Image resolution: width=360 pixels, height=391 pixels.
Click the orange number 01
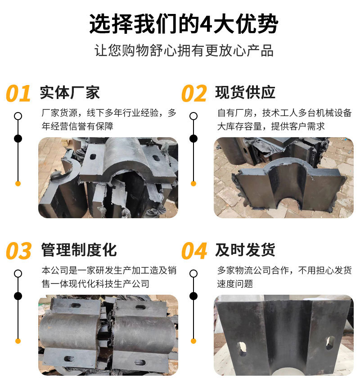pos(18,94)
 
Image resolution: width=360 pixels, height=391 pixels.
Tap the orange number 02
pos(193,94)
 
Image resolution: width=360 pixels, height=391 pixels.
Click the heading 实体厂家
pos(70,92)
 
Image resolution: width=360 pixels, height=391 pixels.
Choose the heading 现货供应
pos(245,92)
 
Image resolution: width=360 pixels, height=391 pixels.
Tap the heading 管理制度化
pos(79,249)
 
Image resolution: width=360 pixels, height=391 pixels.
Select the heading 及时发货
pos(245,249)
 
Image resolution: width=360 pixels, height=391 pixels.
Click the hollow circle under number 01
pos(18,116)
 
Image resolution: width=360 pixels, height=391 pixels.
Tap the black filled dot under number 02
pos(193,138)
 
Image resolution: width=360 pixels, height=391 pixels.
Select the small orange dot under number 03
pos(18,341)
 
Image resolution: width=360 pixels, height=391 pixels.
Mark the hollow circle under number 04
pos(193,273)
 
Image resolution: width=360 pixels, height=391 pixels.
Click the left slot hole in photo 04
pos(242,349)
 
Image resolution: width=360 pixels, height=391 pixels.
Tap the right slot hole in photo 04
pos(330,343)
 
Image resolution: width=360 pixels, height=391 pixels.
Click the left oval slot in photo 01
pos(93,157)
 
